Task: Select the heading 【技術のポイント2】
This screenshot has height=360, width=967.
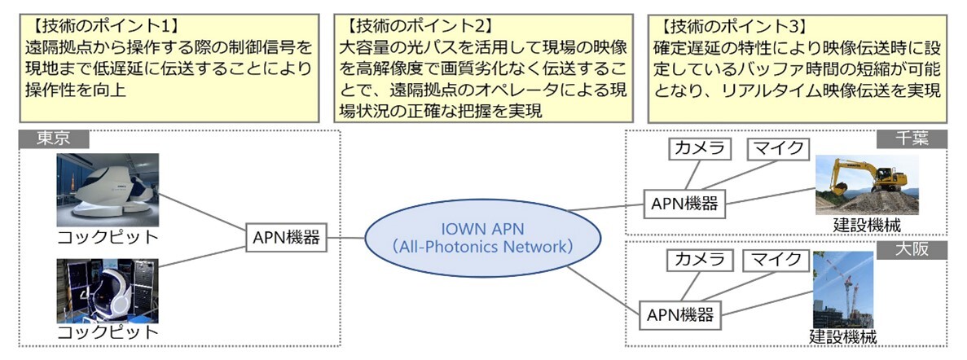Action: (414, 27)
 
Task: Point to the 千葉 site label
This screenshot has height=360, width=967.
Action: (912, 139)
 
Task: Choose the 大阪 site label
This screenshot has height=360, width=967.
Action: (912, 250)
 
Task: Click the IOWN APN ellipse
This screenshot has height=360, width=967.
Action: (483, 239)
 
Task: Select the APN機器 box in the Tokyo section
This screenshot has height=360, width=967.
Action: (286, 238)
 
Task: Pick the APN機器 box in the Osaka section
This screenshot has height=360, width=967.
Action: (680, 314)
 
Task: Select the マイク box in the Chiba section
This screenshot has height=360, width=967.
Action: (776, 149)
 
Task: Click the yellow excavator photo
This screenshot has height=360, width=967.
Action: (867, 184)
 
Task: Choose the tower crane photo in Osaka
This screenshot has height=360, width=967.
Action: (843, 290)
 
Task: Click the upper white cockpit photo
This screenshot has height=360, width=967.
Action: (108, 190)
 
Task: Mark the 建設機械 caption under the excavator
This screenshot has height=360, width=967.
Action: (867, 225)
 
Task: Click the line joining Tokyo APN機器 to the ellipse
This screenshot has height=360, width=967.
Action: (346, 238)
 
